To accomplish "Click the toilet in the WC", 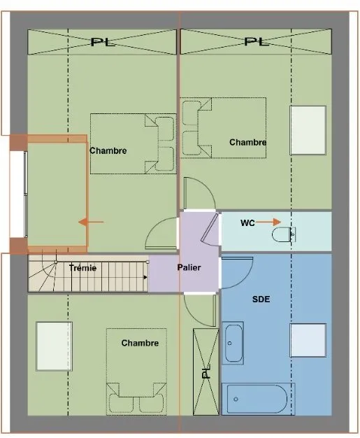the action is pos(284,234).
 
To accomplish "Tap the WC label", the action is pos(247,223).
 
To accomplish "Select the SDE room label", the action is pos(261,299).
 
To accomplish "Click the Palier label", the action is pos(189,267).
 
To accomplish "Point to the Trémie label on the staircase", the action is pos(82,268).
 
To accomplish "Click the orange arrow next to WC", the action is pos(268,222).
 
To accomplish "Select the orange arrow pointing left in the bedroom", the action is pos(91,222).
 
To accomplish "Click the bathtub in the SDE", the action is pos(258,399).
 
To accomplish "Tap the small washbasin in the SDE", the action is pos(233,343).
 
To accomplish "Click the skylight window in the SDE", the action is pos(308,340).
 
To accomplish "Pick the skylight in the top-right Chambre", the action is pos(308,130).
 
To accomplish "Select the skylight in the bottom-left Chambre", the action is pos(54,346).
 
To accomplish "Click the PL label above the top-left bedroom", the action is pos(103,42).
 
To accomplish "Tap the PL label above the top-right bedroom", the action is pos(256,41).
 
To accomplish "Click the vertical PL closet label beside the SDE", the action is pos(206,372).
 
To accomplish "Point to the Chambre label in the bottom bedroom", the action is pos(140,343).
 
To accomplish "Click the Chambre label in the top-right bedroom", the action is pos(248,142).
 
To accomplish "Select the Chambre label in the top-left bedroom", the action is pos(108,150).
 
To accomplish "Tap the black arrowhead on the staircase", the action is pos(145,277).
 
